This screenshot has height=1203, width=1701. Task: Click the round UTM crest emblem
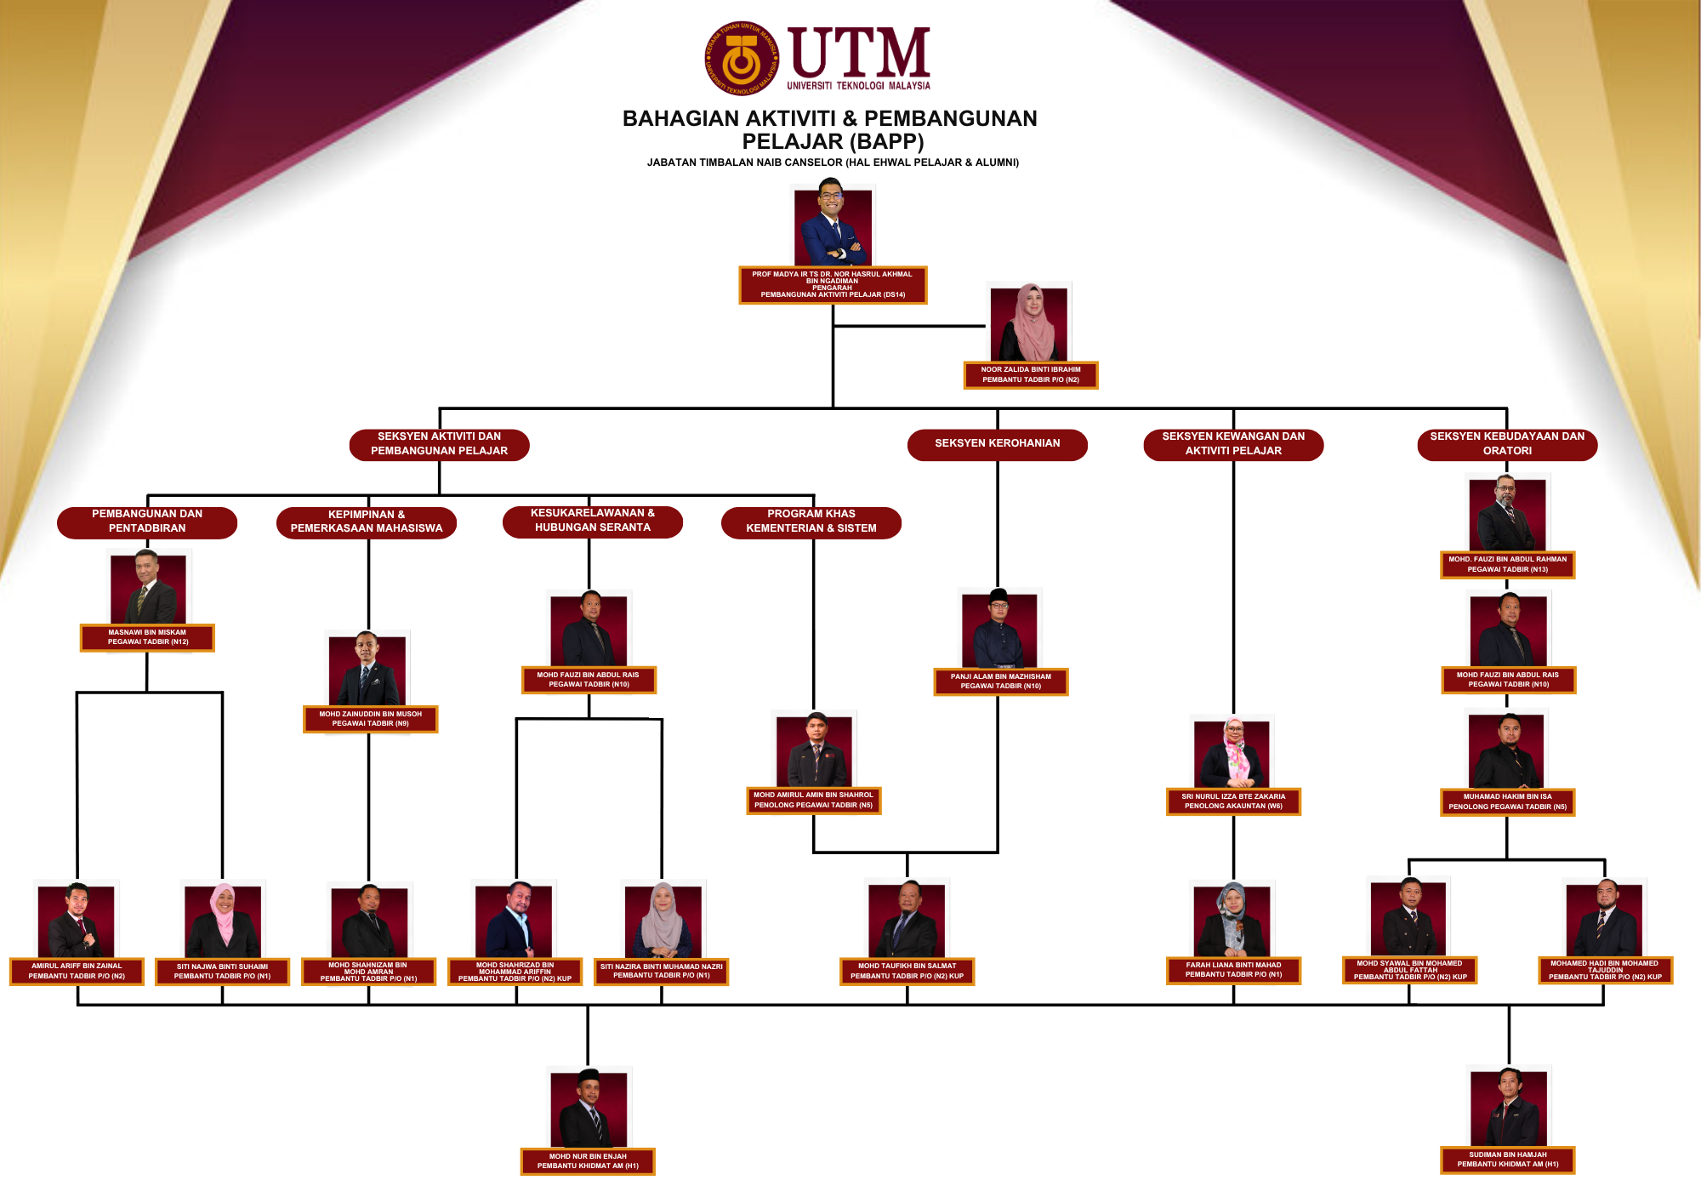coord(742,59)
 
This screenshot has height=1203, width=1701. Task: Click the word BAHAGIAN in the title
coord(676,118)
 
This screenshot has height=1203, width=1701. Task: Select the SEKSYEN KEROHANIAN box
coord(997,444)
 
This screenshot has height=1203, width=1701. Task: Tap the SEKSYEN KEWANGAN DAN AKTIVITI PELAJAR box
coord(1233,444)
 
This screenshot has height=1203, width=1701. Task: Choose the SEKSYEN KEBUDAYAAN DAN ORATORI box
coord(1507,444)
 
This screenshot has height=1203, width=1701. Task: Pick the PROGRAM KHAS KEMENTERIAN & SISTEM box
coord(811,522)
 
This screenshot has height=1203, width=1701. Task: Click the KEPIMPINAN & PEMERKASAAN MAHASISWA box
coord(367,522)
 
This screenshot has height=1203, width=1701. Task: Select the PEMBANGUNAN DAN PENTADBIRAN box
coord(147,522)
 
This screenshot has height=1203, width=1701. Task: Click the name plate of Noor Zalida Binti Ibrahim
coord(1031,375)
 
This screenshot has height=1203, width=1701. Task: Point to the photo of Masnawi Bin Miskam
coord(148,587)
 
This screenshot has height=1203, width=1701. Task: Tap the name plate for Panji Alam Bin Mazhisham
coord(1001,681)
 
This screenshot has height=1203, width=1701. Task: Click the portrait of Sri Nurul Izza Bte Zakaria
coord(1232,753)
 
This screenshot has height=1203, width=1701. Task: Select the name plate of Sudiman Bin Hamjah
coord(1508,1160)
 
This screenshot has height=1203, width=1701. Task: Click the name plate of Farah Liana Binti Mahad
coord(1233,970)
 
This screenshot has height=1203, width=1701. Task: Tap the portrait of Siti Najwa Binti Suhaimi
coord(223,920)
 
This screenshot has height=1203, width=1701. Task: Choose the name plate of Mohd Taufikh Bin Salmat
coord(907,971)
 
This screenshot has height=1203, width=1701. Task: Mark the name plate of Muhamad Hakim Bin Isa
coord(1508,801)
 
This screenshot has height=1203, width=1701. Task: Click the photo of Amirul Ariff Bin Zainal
coord(77,921)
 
